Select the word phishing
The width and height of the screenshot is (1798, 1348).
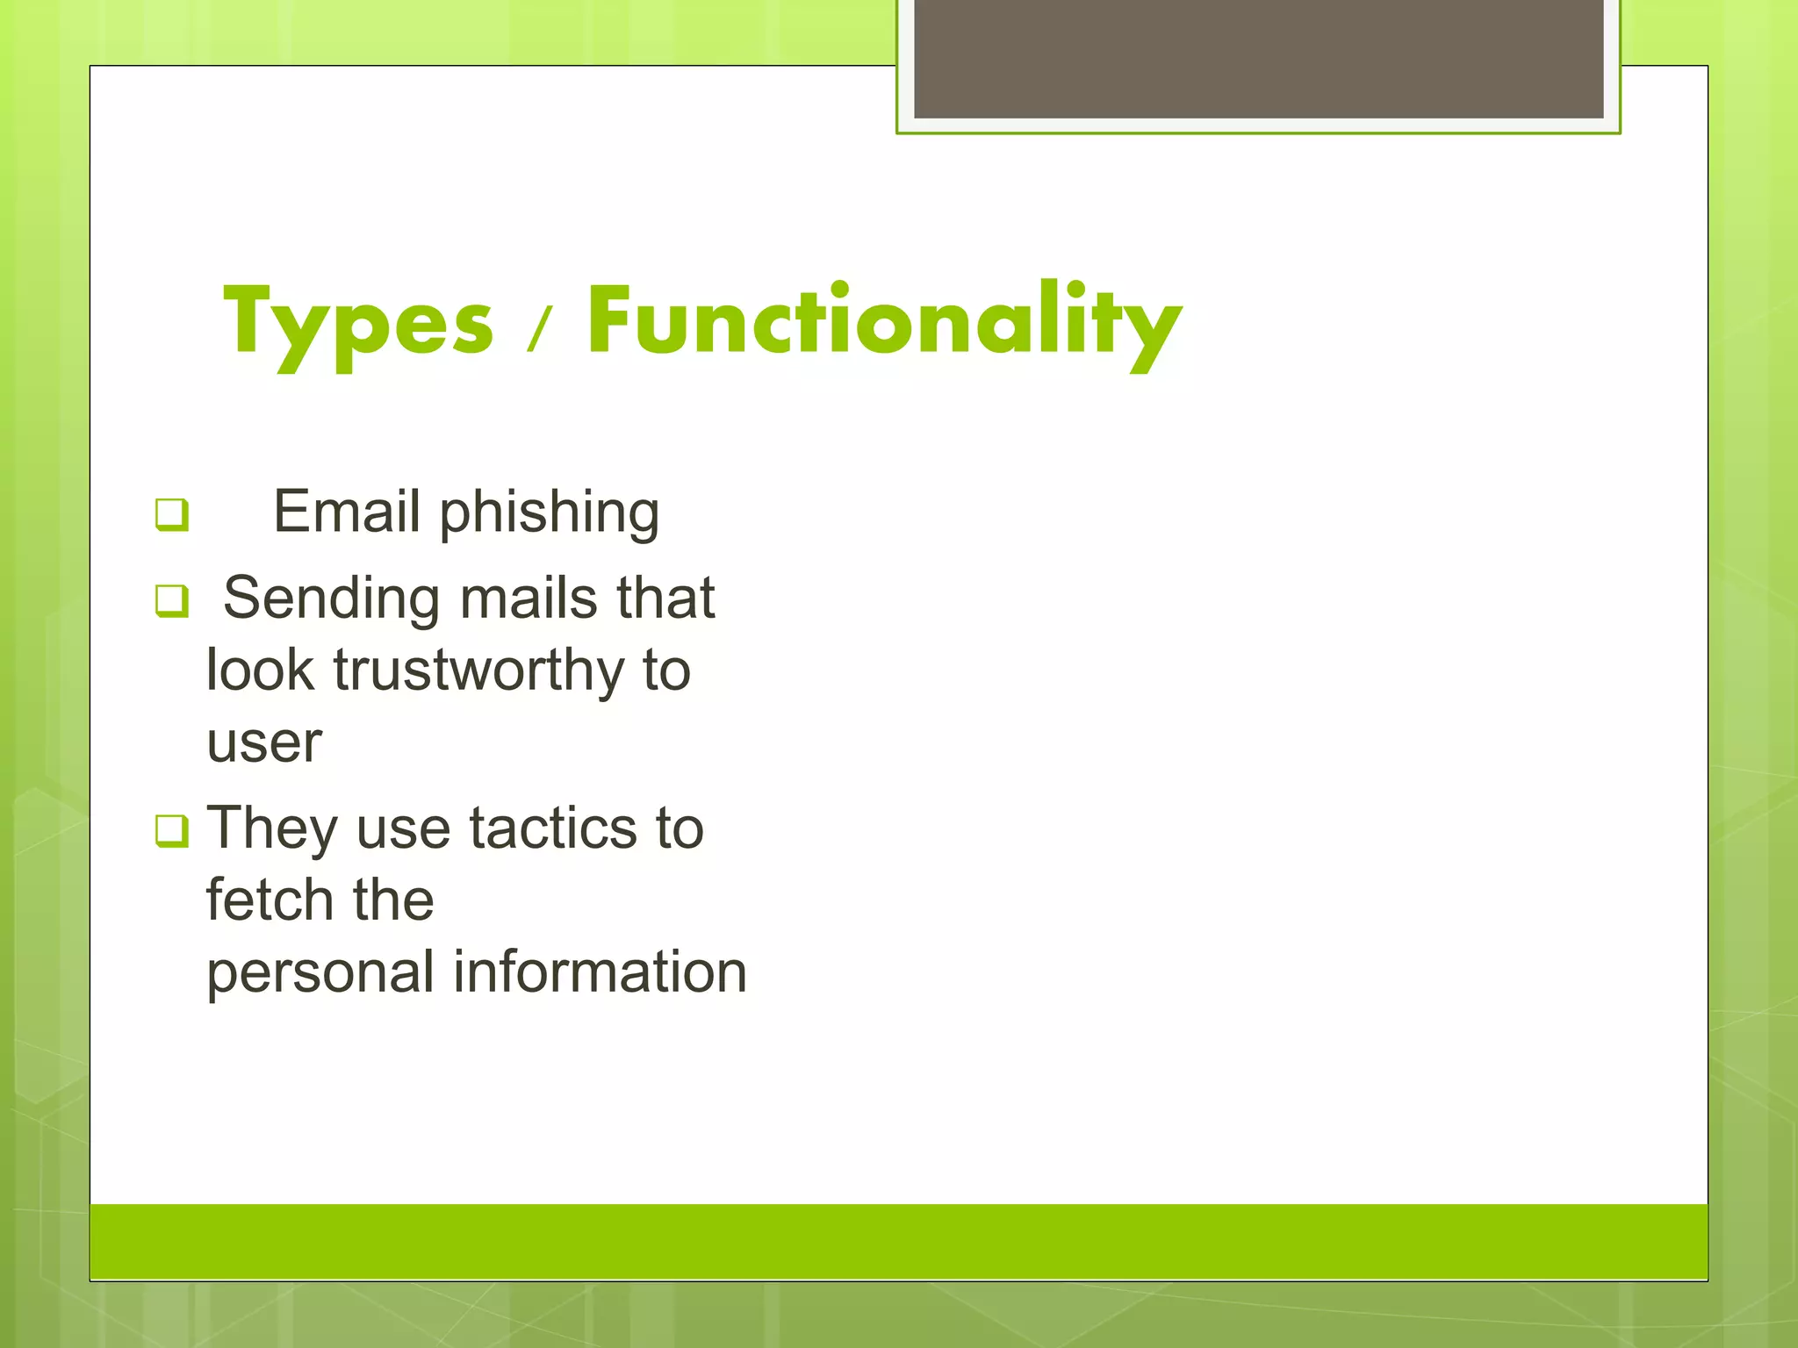coord(549,513)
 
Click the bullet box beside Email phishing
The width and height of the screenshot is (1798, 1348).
coord(171,514)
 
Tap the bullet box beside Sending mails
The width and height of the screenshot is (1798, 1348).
coord(171,601)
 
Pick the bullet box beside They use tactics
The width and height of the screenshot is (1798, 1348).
coord(171,830)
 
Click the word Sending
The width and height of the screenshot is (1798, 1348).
coord(330,599)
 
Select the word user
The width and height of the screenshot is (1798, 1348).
coord(263,743)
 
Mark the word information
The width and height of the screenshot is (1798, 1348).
coord(600,972)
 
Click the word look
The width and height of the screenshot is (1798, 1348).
coord(259,670)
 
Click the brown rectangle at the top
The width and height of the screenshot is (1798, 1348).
coord(1258,58)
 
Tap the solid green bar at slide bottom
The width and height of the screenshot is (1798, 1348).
coord(898,1241)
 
